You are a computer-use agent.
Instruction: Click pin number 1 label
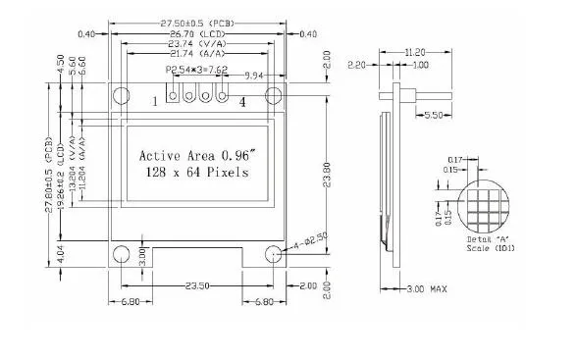[155, 101]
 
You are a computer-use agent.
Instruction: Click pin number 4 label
[242, 101]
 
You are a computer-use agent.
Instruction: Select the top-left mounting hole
[121, 96]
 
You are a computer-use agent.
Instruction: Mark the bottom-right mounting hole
[275, 255]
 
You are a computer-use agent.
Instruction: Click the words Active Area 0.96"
[197, 155]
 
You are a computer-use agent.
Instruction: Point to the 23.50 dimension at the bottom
[197, 286]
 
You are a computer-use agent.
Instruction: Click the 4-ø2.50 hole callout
[305, 240]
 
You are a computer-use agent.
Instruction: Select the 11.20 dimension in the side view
[416, 51]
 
